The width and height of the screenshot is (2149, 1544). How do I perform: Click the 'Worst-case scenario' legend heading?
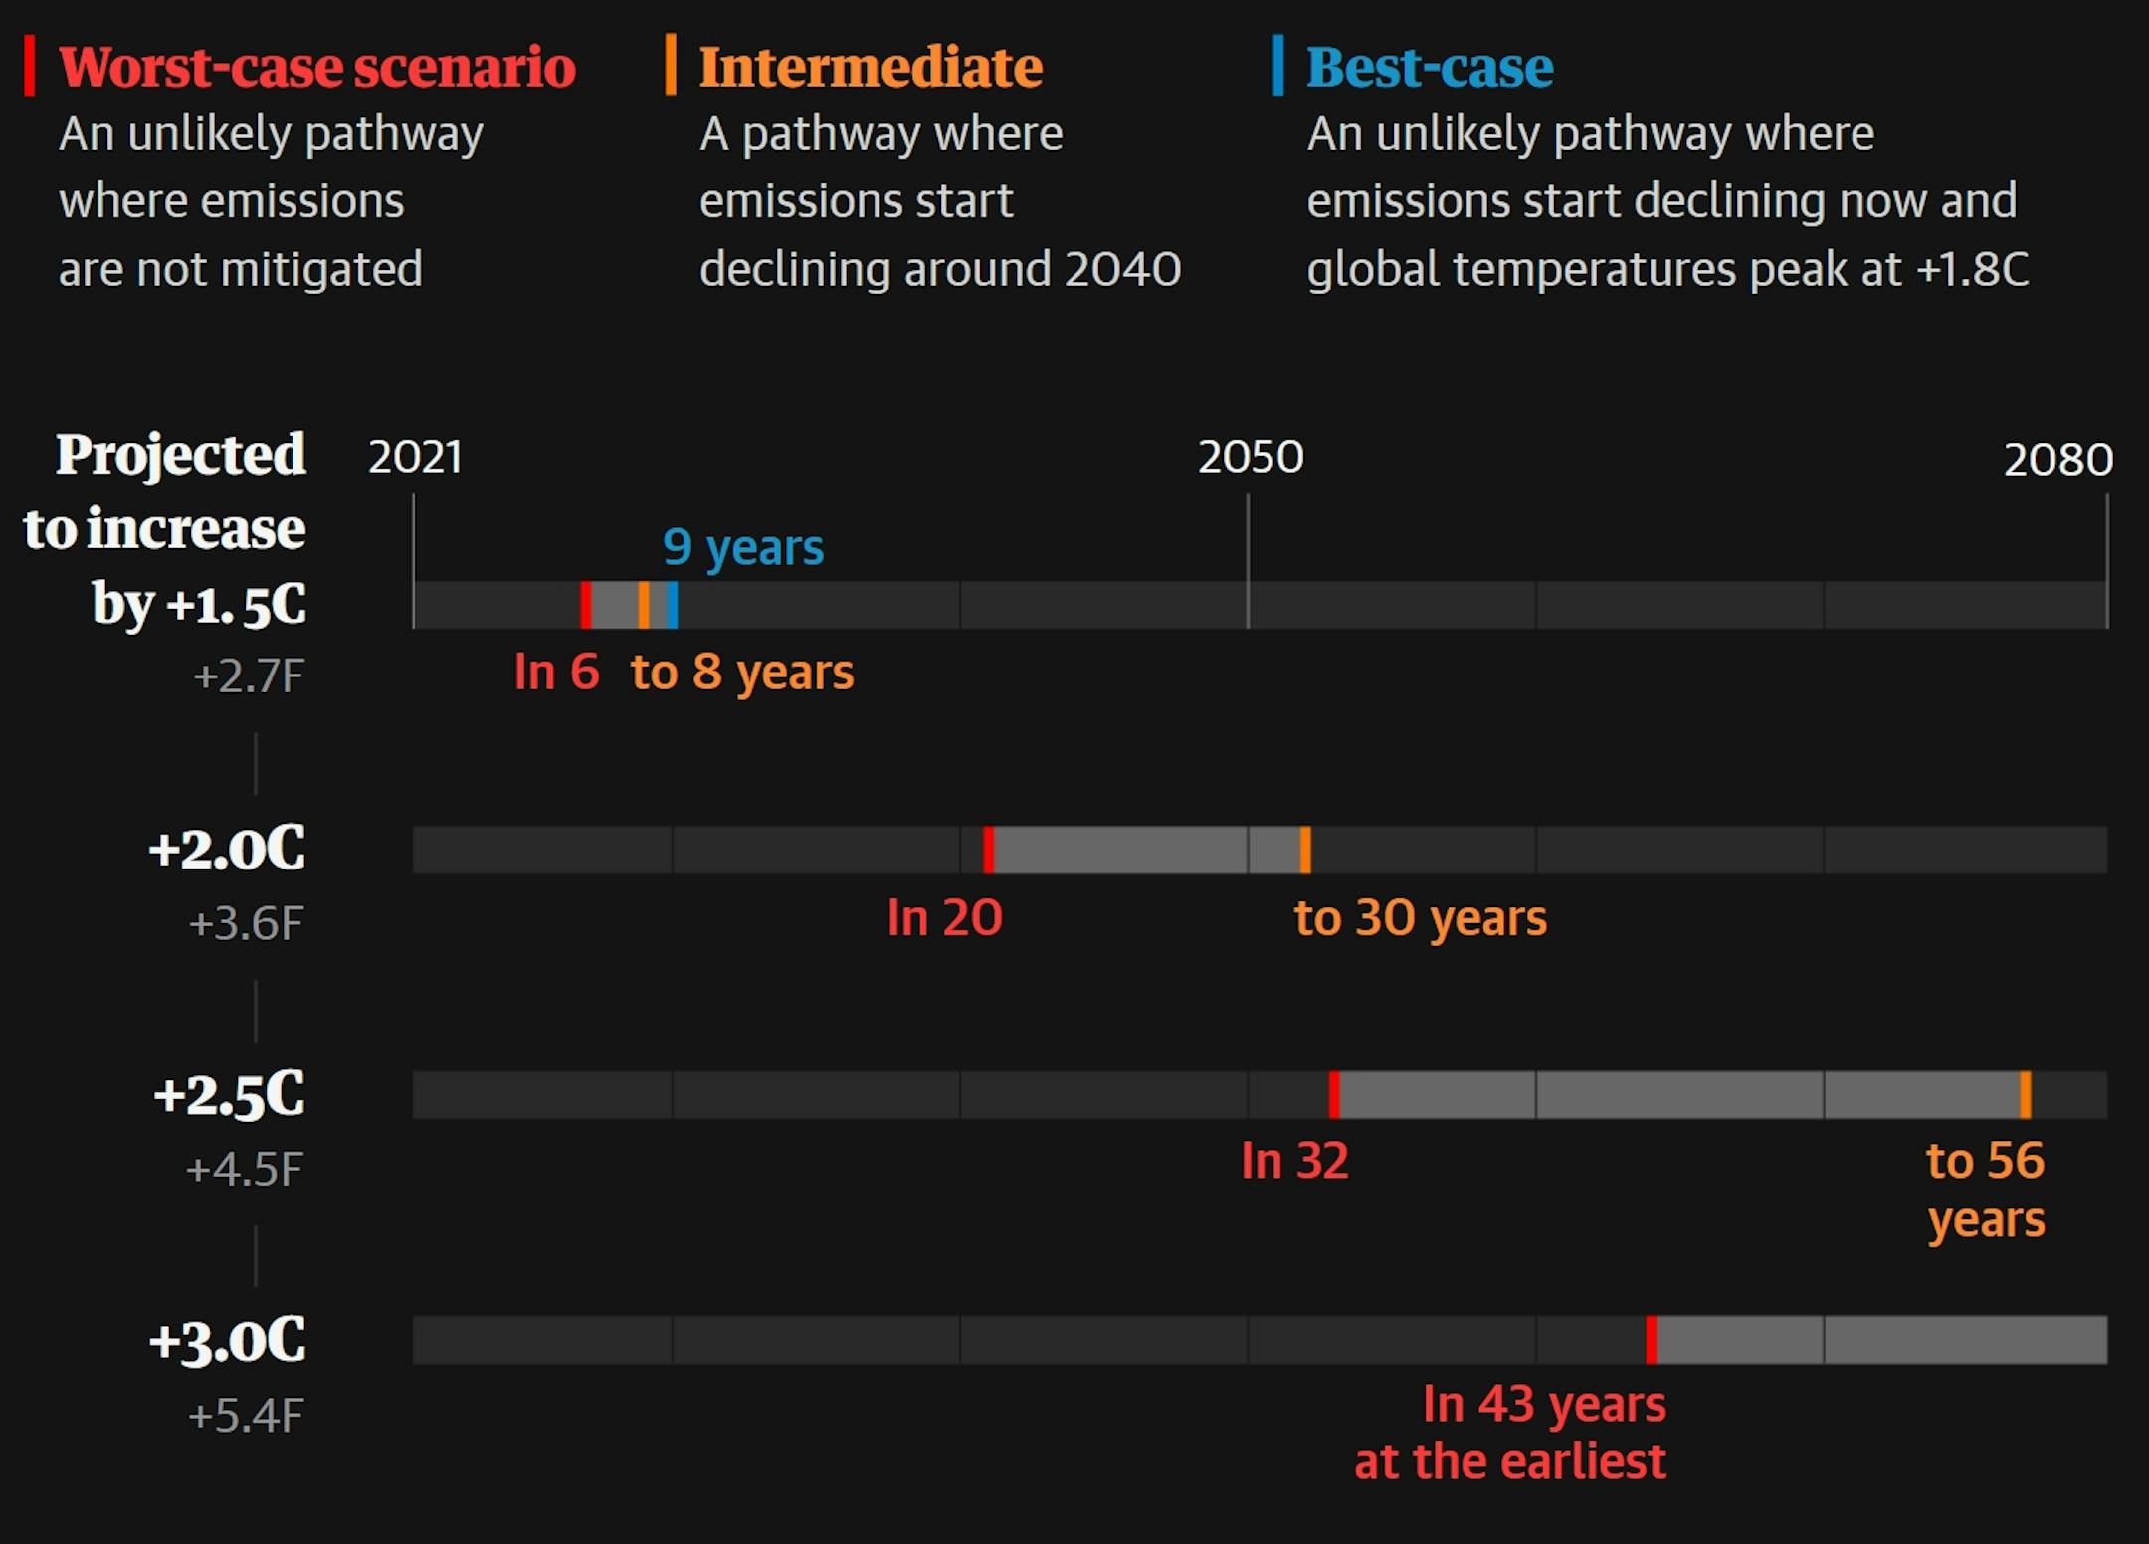pos(316,68)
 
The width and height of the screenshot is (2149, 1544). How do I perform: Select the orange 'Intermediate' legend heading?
pos(871,68)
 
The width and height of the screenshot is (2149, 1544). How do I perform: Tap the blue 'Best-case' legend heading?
pos(1429,68)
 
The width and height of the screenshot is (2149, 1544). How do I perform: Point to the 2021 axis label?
pos(415,457)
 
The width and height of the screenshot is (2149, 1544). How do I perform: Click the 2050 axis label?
pos(1251,457)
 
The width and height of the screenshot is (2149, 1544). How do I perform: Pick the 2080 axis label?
pos(2057,460)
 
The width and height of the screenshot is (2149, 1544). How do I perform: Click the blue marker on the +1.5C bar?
pos(673,605)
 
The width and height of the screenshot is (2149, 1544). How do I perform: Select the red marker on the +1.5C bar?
pos(586,605)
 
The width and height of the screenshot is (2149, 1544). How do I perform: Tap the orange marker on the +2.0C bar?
pos(1305,850)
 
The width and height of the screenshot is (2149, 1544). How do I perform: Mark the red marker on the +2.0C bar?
pos(988,850)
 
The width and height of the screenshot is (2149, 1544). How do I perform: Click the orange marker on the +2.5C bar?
pos(2025,1094)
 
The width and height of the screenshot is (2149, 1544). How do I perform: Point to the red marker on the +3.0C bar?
pos(1651,1340)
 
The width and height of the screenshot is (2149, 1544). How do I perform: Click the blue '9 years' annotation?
pos(743,547)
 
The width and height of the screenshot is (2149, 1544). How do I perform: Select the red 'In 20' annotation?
pos(944,917)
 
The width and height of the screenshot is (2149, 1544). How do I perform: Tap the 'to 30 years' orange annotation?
pos(1420,917)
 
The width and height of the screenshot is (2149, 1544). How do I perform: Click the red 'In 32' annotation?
pos(1294,1161)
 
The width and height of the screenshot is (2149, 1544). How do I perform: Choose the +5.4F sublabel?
pos(246,1416)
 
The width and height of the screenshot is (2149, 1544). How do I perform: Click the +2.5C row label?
pos(230,1095)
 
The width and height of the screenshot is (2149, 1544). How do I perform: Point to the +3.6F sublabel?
pos(246,924)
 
